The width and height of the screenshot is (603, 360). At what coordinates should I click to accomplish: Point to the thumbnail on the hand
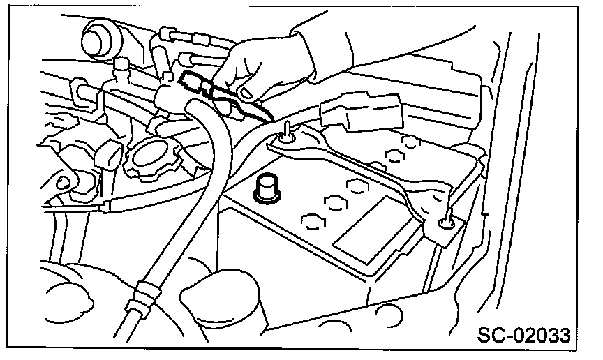tap(246, 91)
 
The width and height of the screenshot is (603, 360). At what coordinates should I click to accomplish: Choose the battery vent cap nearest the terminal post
tap(311, 221)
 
